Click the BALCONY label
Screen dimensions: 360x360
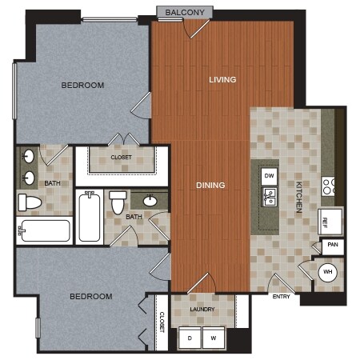tap(185, 12)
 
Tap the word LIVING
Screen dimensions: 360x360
tap(222, 79)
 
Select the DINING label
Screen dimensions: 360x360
tap(210, 185)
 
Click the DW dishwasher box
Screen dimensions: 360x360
tap(269, 176)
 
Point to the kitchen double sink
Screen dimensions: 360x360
tap(270, 197)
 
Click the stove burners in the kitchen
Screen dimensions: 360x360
tap(328, 186)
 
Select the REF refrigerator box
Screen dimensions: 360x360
tap(330, 222)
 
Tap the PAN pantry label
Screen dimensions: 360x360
tap(333, 245)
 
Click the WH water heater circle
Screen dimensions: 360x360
tap(328, 272)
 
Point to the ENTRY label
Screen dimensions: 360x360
tap(281, 297)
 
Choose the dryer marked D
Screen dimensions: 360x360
tap(190, 338)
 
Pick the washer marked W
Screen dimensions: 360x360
tap(214, 338)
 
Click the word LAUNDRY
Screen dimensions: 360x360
tap(202, 310)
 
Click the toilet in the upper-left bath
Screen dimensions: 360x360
tap(30, 202)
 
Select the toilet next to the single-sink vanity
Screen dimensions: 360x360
tap(118, 202)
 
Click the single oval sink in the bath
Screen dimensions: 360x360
tap(150, 201)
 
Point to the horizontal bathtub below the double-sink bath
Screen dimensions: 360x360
tap(44, 230)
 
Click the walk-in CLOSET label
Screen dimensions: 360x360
tap(121, 158)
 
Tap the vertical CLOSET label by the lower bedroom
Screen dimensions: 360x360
tap(162, 322)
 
